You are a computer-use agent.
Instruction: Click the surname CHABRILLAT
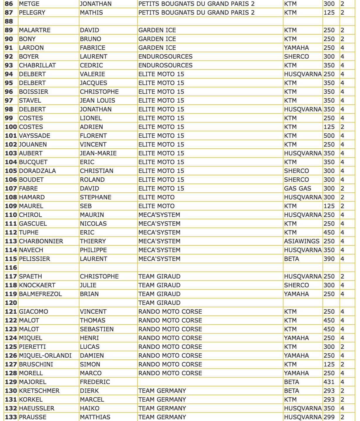click(37, 65)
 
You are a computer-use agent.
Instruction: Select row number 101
click(11, 136)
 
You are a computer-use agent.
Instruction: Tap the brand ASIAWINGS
click(302, 241)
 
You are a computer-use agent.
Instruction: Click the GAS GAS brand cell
click(298, 189)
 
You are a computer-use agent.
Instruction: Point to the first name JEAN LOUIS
click(97, 101)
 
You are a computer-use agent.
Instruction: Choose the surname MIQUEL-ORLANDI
click(45, 356)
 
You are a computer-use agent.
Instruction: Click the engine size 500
click(329, 136)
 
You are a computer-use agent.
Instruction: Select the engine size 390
click(329, 259)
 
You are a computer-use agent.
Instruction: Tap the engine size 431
click(329, 382)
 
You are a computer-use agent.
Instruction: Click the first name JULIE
click(88, 285)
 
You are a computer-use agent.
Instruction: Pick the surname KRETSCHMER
click(39, 391)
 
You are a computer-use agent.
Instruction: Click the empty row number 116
click(11, 268)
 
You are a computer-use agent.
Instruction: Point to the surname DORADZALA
click(37, 171)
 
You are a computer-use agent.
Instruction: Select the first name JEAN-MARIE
click(98, 153)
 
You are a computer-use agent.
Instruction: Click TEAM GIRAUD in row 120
click(159, 303)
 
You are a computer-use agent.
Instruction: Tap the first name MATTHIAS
click(95, 417)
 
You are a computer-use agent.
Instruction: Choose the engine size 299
click(329, 417)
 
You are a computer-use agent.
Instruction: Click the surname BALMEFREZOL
click(40, 294)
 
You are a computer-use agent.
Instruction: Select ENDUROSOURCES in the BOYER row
click(165, 57)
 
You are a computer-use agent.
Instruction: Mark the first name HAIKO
click(89, 408)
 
